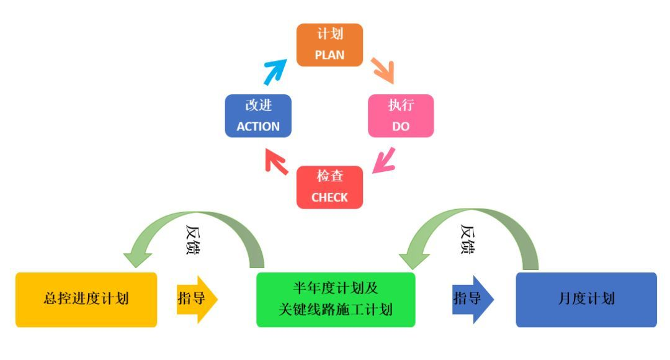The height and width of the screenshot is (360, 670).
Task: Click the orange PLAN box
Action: tap(329, 45)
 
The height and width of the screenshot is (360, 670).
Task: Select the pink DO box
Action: tap(401, 115)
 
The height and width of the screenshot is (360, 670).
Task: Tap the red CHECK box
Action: tap(329, 187)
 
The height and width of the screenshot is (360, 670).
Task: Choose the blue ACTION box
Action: tap(258, 115)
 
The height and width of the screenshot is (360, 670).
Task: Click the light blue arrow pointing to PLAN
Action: tap(274, 71)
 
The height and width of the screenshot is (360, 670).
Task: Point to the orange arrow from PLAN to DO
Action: tap(383, 70)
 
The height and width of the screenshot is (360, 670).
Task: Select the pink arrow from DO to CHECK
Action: tap(385, 160)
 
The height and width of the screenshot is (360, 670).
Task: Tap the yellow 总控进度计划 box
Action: tap(86, 299)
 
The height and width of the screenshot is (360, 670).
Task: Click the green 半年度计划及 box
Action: tap(336, 299)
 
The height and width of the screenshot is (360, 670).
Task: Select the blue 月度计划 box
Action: tap(586, 299)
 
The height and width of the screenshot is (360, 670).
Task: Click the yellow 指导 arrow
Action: tap(197, 299)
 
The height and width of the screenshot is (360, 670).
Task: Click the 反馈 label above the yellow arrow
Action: tap(194, 241)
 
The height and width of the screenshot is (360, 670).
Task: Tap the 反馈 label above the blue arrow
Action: tap(469, 239)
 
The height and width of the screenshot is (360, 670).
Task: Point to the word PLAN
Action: tap(329, 54)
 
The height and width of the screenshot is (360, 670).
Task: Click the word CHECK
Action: tap(329, 197)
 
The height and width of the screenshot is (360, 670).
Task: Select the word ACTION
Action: tap(258, 126)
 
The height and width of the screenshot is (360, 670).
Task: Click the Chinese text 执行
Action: tap(401, 106)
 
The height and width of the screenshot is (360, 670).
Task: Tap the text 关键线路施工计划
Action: tap(336, 309)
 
